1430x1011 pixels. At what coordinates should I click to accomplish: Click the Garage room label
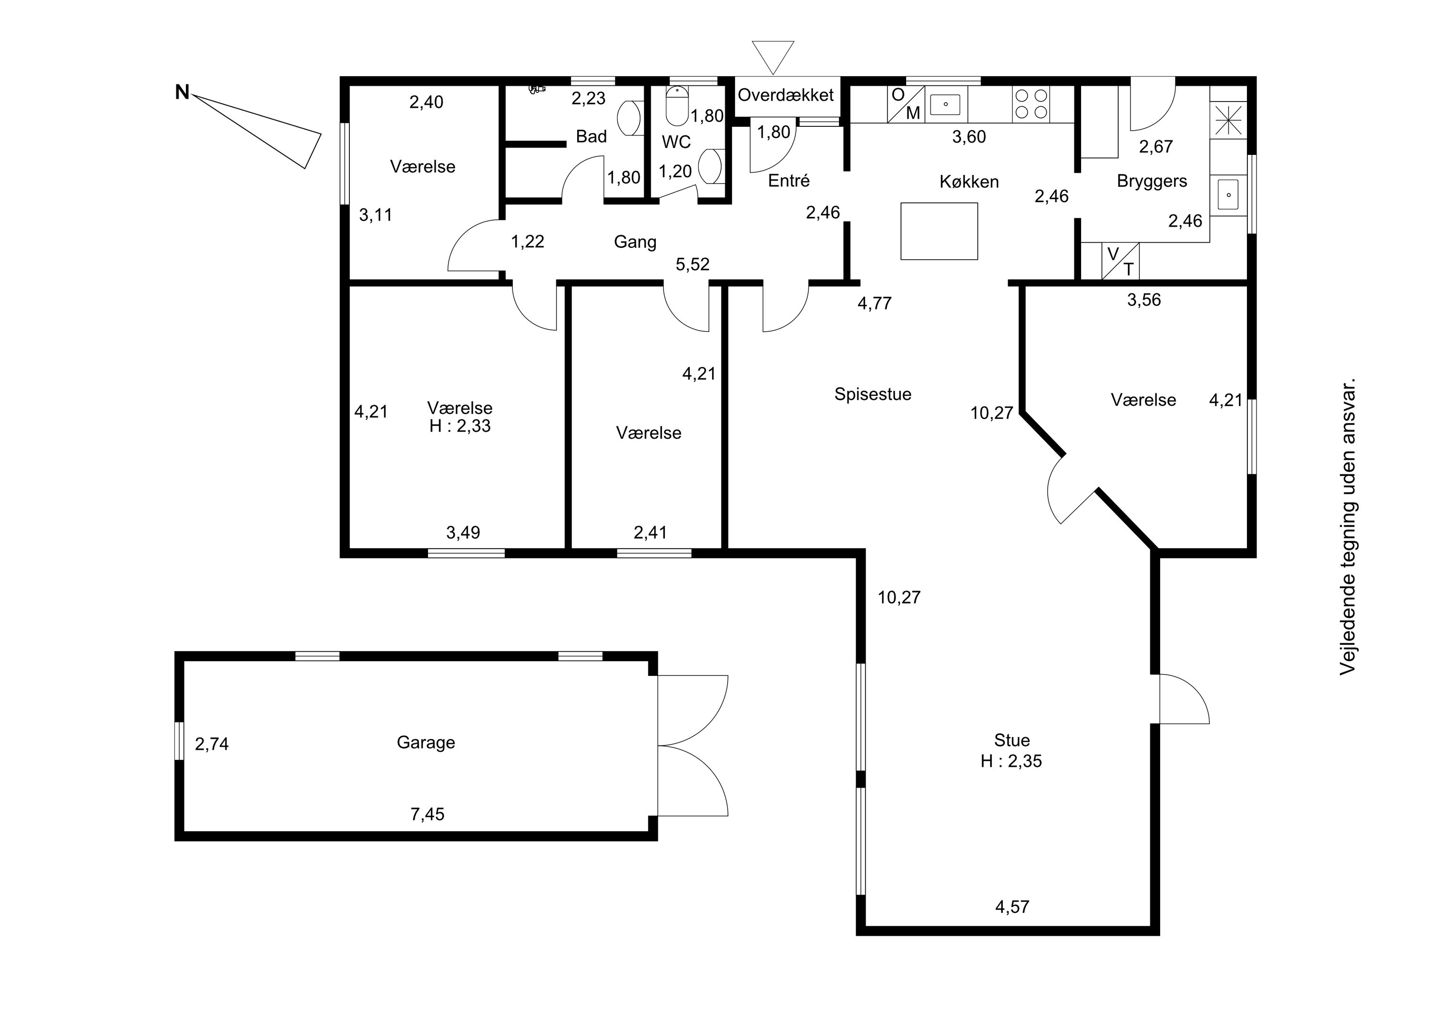pos(426,743)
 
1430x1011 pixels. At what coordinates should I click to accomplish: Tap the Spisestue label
pos(873,394)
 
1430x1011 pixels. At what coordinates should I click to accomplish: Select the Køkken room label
pos(969,182)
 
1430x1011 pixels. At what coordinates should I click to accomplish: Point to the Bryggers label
pos(1152,181)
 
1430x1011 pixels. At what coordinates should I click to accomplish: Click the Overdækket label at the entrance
pos(786,95)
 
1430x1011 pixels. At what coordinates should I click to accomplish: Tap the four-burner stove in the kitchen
pos(1031,104)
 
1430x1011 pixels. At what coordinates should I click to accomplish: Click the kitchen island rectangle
pos(939,231)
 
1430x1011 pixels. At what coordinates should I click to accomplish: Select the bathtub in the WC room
pos(677,106)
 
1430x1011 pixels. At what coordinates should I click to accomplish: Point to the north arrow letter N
pos(182,93)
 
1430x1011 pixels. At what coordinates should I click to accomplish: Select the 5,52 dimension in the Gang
pos(693,265)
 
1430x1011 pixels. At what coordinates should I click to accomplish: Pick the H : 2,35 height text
pos(1011,761)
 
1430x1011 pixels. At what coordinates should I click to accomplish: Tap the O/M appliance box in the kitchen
pos(906,104)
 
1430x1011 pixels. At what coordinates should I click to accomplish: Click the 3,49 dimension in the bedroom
pos(463,532)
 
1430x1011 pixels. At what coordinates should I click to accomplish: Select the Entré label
pos(788,181)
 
